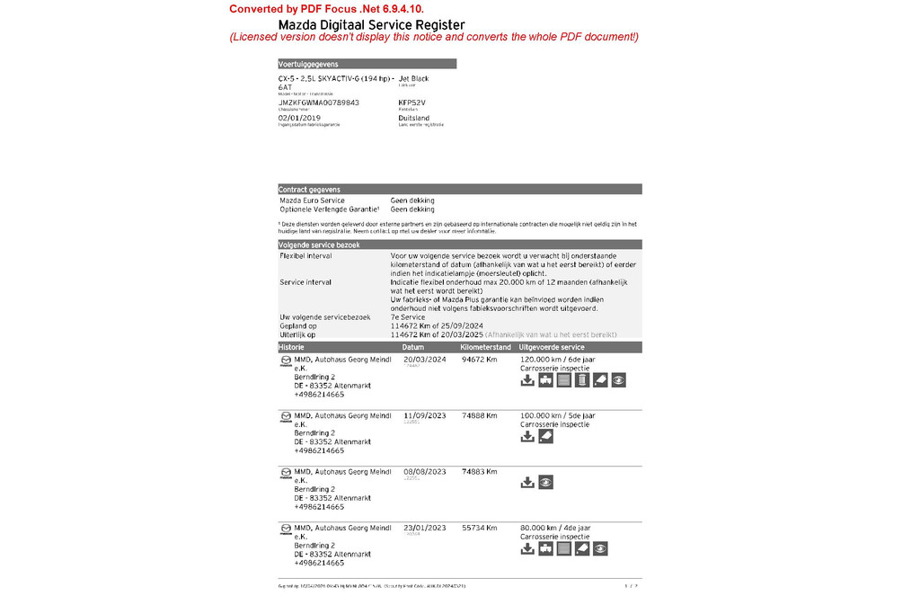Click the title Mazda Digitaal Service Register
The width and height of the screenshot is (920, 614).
[x=371, y=25]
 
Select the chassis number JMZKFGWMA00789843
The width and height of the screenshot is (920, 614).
[x=319, y=102]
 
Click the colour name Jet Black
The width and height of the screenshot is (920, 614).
[x=413, y=79]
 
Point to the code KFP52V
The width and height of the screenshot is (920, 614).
[x=411, y=102]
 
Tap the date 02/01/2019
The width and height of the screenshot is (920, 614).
[x=299, y=118]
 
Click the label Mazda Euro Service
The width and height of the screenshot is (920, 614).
[x=312, y=200]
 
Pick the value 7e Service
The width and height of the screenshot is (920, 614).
[x=408, y=317]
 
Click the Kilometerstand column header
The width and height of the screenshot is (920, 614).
[x=485, y=347]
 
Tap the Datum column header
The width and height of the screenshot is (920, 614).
[x=413, y=347]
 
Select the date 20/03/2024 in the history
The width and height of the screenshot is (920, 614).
[x=424, y=360]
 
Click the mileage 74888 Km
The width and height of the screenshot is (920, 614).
[x=479, y=416]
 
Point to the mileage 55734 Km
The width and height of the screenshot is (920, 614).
[x=479, y=529]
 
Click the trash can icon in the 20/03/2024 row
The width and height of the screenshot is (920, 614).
[x=582, y=380]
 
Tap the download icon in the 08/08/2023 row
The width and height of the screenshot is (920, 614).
[x=527, y=483]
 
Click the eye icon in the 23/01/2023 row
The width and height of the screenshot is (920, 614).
[x=600, y=548]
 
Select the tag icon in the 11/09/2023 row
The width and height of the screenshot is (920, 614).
[x=545, y=437]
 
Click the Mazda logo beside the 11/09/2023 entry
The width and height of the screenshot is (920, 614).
[x=286, y=417]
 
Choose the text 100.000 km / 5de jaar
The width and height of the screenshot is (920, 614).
[x=557, y=416]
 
